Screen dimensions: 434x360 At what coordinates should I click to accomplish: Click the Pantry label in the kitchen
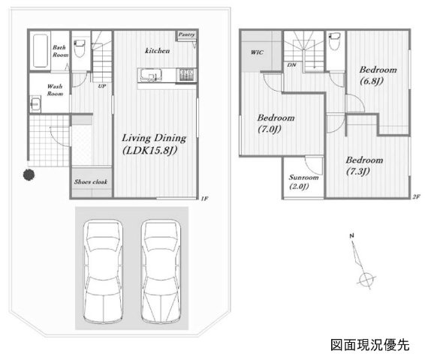coord(186,34)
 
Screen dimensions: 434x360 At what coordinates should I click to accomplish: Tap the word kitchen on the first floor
coord(157,50)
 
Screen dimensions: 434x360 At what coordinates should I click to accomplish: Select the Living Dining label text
coord(154,138)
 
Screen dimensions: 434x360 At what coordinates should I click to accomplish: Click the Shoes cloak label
coord(91,181)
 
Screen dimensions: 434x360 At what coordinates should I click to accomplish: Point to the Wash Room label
coord(55,90)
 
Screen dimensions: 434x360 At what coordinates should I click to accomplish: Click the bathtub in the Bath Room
coord(41,50)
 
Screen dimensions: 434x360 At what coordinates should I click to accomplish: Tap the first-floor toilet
coord(80,49)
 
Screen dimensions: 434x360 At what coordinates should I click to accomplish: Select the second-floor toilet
coord(335,41)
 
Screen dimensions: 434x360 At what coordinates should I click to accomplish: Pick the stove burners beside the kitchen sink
coord(186,75)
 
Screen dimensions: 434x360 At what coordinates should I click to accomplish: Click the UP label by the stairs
coord(102,86)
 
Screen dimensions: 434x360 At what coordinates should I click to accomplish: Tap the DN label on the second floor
coord(291,65)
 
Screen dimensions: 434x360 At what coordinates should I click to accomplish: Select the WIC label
coord(257,52)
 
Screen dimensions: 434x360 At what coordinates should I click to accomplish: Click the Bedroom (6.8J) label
coord(378,75)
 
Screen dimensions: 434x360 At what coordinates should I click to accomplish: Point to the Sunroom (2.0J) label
coord(303,181)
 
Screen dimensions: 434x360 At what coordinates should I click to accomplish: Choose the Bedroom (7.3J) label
coord(364,165)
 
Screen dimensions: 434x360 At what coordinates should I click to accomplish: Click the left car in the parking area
coord(103,271)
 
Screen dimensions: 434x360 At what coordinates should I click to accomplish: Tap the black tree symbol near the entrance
coord(29,175)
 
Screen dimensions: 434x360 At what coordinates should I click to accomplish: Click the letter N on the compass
coord(351,235)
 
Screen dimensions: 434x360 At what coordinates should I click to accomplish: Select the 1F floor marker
coord(204,198)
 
